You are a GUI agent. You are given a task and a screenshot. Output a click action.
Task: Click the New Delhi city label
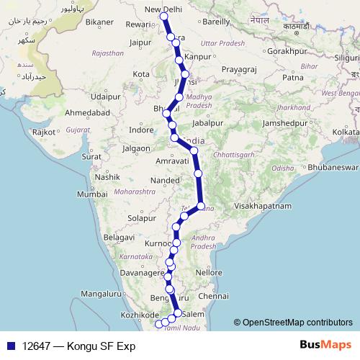(x=163, y=9)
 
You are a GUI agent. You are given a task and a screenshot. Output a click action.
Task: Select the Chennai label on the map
(x=213, y=296)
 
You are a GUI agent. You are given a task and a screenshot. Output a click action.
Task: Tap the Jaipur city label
(x=140, y=42)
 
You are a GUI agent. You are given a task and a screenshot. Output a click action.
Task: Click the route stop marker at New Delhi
(x=164, y=16)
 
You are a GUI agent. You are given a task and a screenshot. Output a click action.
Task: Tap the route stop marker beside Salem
(x=178, y=312)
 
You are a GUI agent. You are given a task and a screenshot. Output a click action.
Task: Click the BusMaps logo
(x=323, y=345)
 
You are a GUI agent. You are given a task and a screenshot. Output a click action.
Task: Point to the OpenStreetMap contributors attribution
(x=297, y=322)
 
